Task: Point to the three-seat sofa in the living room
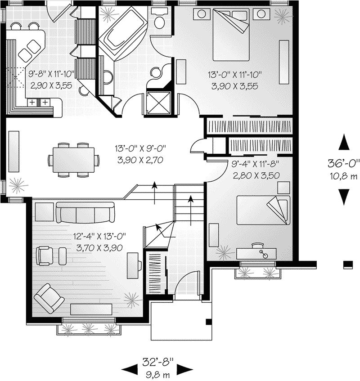point(85,213)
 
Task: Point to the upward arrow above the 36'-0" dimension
point(344,142)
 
